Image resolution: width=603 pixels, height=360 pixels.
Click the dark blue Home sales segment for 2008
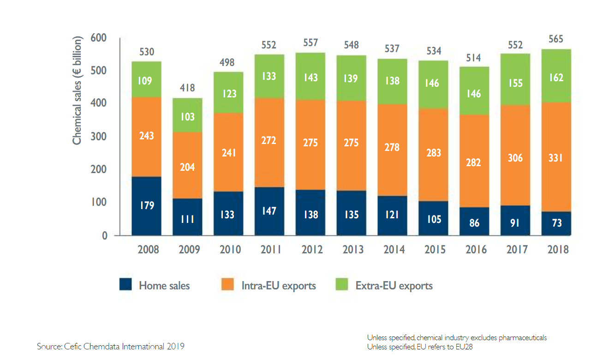point(146,206)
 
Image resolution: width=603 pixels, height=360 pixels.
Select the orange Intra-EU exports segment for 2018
point(556,157)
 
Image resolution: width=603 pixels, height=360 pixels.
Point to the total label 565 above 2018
point(556,39)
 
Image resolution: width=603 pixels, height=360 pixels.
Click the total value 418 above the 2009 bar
point(187,88)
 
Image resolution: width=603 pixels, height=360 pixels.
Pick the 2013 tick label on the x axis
point(353,250)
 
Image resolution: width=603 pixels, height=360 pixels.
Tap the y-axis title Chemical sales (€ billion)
point(77,91)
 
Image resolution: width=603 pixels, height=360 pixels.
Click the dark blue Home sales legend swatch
point(125,285)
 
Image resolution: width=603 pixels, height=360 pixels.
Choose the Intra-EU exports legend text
point(279,286)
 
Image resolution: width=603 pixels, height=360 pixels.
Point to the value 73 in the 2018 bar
point(556,223)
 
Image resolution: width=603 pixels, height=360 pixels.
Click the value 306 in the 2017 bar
point(515,157)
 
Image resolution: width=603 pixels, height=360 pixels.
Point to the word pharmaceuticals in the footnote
point(524,338)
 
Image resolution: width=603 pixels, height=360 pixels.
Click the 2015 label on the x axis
point(435,250)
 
